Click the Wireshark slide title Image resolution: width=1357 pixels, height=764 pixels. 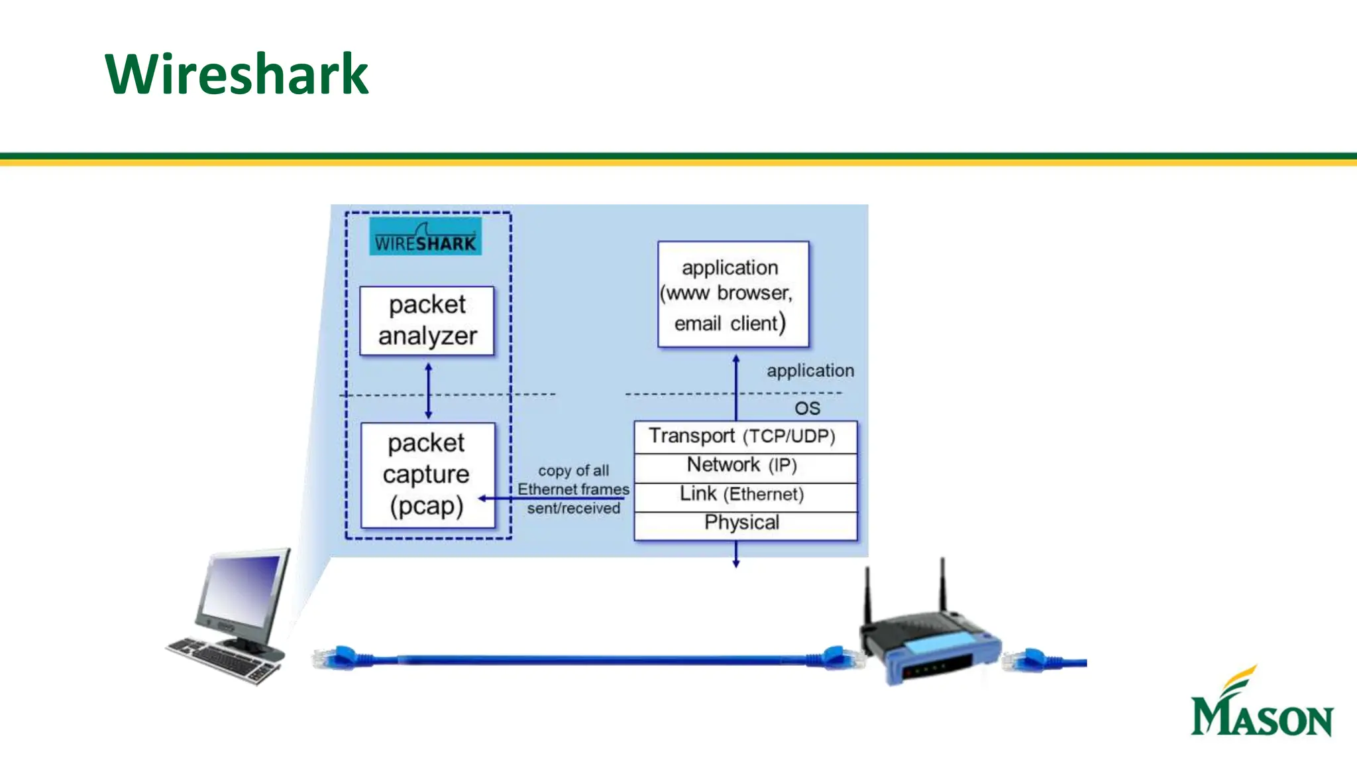click(236, 74)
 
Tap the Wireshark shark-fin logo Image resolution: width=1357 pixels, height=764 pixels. click(425, 237)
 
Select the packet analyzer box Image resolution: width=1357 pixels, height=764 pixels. click(427, 321)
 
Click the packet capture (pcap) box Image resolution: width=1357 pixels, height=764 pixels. click(427, 475)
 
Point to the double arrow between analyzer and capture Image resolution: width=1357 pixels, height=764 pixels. click(428, 391)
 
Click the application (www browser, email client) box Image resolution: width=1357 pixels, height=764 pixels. click(733, 294)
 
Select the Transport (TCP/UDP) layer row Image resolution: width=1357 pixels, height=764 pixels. click(745, 436)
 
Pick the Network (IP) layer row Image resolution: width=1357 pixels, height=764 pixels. click(745, 466)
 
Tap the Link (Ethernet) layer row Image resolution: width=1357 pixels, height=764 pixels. click(745, 495)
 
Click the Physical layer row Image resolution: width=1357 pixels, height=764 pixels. click(745, 523)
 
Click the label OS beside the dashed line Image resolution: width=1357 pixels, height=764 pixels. click(807, 409)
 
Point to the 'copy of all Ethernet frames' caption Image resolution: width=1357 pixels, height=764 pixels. click(573, 489)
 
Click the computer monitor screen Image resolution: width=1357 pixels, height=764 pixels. click(242, 587)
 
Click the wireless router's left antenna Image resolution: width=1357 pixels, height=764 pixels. click(867, 594)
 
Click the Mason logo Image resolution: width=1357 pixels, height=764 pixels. click(1261, 704)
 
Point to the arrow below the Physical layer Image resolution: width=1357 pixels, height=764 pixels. click(735, 555)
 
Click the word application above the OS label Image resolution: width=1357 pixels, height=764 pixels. click(810, 371)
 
